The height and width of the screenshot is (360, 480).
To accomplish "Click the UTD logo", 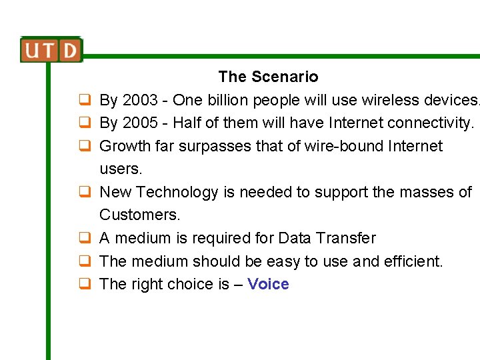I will pos(51,50).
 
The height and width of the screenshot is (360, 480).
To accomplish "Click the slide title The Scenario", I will pos(268,77).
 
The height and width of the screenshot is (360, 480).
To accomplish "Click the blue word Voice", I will pos(268,285).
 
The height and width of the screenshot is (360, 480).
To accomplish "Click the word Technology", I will pos(177,193).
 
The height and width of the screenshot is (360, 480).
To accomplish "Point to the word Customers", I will pos(139,215).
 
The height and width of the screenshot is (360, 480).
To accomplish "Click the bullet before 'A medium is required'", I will pos(85,239).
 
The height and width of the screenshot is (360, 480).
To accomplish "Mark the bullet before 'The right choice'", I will pos(85,285).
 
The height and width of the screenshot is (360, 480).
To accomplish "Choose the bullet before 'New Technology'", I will pos(85,193).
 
